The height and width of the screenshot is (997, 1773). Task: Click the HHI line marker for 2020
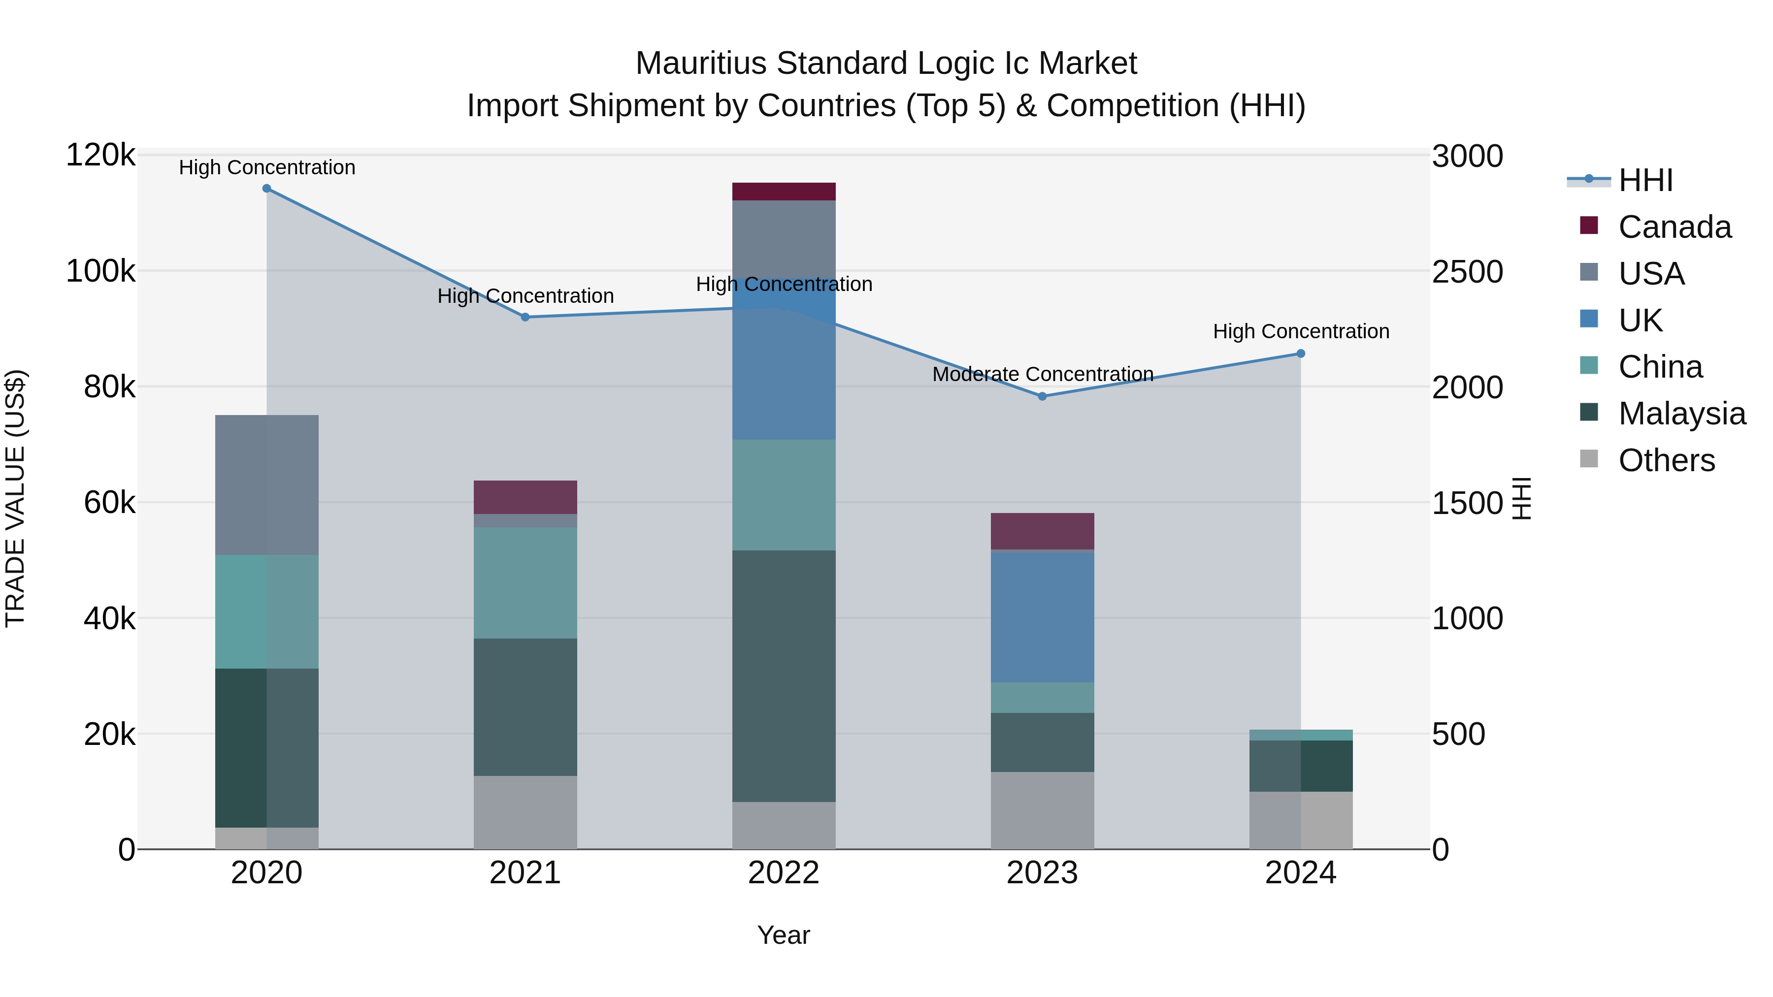tap(266, 189)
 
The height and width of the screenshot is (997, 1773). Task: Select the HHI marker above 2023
tap(1042, 396)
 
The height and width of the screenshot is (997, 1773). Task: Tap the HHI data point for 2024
tap(1301, 354)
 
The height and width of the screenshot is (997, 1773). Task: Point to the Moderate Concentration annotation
tap(1042, 374)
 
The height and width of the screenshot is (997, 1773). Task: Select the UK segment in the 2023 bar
tap(1042, 617)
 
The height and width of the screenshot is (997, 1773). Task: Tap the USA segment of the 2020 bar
tap(266, 485)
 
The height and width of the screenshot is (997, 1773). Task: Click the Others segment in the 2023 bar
tap(1042, 810)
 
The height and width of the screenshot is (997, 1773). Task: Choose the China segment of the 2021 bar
tap(525, 583)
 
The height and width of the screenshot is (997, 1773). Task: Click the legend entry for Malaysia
tap(1681, 414)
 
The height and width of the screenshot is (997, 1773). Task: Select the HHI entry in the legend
tap(1645, 180)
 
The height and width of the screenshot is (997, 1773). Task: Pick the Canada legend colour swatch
tap(1588, 225)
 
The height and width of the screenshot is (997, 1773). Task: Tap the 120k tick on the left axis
tap(100, 156)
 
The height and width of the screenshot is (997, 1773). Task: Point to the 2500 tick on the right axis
tap(1468, 272)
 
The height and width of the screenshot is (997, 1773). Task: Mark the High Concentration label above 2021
tap(525, 296)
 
